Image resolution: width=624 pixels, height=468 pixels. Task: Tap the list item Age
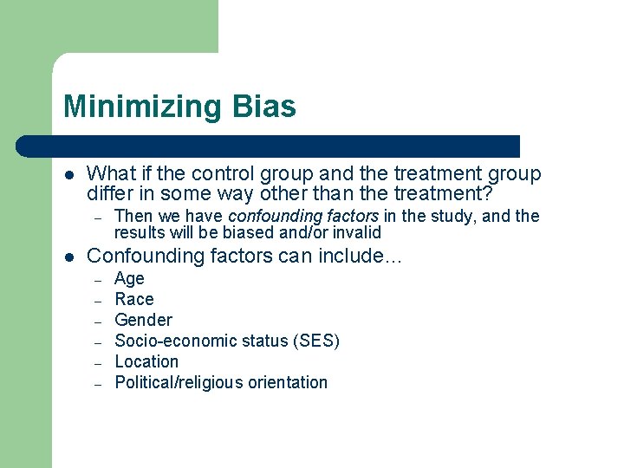tap(129, 279)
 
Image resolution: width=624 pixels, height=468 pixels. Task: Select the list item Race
tap(134, 299)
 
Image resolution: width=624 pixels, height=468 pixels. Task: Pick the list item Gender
tap(143, 320)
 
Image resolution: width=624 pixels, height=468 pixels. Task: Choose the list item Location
tap(146, 361)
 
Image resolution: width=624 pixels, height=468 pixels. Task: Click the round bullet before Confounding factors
tap(68, 257)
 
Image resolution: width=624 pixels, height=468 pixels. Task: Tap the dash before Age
tap(99, 280)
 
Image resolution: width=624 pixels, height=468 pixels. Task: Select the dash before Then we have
tap(99, 217)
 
